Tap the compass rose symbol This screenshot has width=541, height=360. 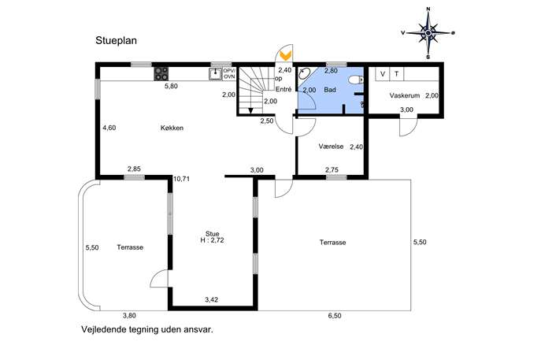428,33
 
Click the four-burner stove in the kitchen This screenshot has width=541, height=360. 161,73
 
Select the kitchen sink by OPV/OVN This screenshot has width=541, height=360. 215,73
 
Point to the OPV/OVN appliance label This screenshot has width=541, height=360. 229,73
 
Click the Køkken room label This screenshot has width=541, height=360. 172,128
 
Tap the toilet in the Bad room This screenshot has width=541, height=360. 356,80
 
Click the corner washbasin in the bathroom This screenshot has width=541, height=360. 304,73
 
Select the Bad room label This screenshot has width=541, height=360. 330,90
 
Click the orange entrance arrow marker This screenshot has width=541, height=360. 286,54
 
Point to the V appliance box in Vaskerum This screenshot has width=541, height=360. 382,74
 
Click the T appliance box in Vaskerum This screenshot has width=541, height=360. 396,74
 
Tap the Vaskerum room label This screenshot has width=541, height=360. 404,95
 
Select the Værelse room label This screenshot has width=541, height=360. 331,147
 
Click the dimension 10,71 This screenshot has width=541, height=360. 181,179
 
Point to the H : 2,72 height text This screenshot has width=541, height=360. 212,240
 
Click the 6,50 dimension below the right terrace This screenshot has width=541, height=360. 335,316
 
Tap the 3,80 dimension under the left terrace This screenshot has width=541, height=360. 129,315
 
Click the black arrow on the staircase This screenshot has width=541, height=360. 250,110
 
